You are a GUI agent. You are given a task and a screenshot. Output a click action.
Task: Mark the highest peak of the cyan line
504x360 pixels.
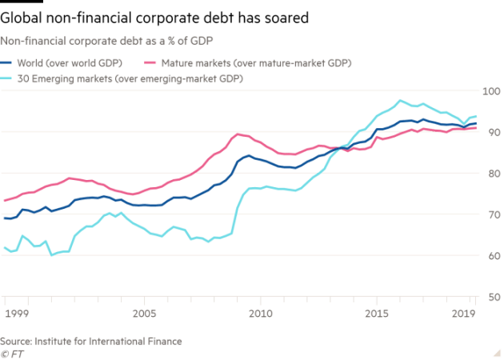[401, 101]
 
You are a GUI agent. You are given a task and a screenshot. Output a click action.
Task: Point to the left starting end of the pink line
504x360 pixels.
[4, 201]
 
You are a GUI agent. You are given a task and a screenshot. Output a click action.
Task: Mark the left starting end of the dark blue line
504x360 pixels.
[4, 217]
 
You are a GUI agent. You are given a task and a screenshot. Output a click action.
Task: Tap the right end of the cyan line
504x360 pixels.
[477, 118]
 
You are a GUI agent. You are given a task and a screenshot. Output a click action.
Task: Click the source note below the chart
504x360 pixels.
[91, 341]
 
